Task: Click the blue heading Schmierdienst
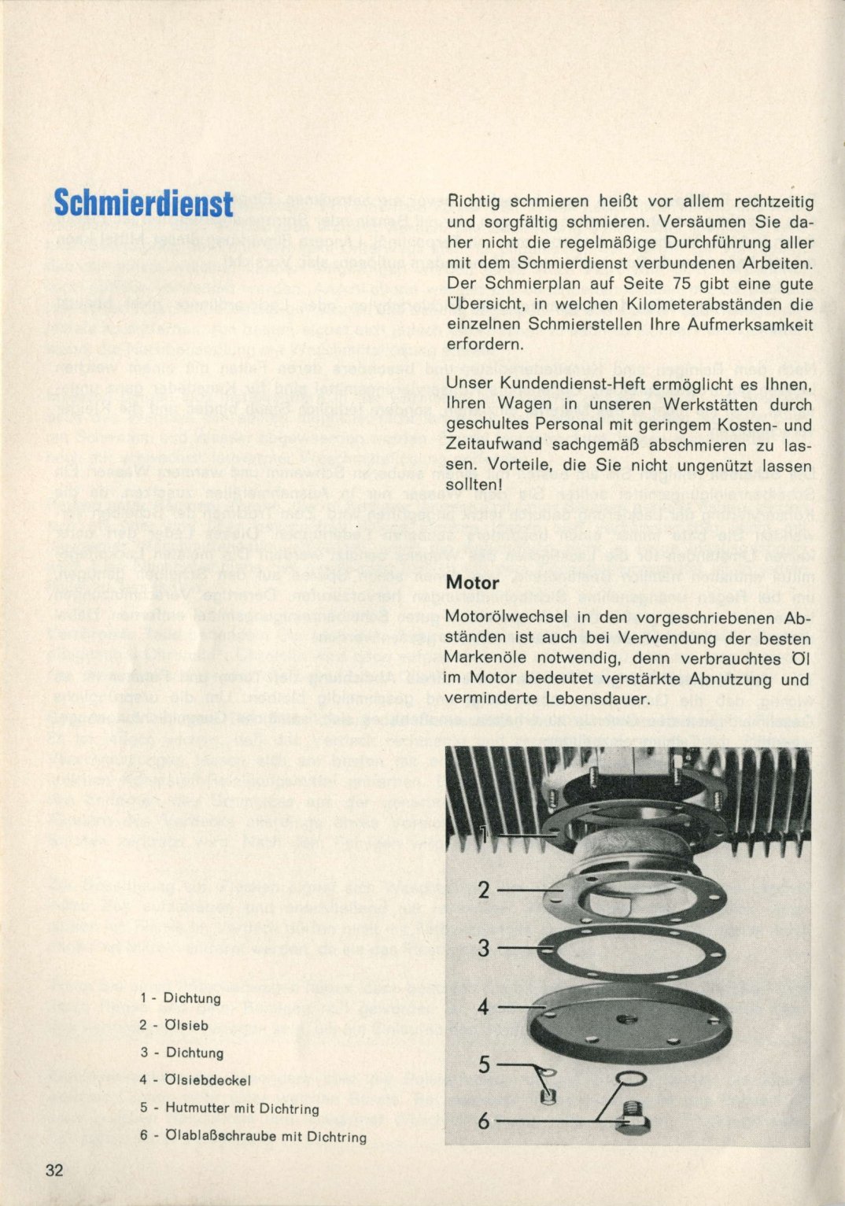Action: (x=143, y=203)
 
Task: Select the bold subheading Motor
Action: (x=472, y=583)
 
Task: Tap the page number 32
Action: (x=54, y=1170)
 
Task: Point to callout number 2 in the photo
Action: (x=484, y=890)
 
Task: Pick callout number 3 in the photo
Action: (x=484, y=948)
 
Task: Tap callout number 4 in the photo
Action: (x=483, y=1006)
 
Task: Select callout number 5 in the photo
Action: (x=484, y=1064)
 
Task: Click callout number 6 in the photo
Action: (x=484, y=1120)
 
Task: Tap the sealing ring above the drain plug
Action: (x=629, y=1077)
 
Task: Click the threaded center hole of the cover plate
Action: (x=627, y=1020)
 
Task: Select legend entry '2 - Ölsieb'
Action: (x=174, y=1025)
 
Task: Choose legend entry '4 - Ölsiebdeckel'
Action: (x=195, y=1080)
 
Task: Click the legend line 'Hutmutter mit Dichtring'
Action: (x=242, y=1108)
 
